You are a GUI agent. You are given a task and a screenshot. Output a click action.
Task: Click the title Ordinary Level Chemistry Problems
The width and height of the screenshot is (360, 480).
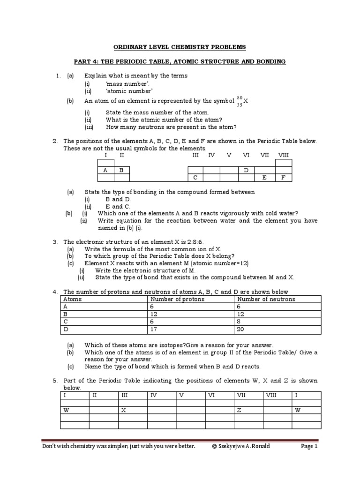(180, 47)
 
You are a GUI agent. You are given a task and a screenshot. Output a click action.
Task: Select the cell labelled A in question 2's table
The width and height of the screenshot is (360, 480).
(105, 171)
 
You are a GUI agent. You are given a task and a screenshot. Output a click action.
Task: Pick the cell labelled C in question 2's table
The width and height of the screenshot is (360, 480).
(195, 178)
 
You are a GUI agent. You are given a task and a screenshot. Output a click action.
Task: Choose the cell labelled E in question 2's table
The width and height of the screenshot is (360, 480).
(264, 178)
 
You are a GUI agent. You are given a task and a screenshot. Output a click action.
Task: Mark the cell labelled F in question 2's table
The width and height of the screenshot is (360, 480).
(283, 178)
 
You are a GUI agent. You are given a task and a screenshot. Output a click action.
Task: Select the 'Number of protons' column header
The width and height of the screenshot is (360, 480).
(171, 299)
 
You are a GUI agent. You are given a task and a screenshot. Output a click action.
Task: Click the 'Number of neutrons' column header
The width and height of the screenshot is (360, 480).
(266, 299)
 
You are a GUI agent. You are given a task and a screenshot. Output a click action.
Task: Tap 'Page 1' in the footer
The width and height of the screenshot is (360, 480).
(309, 447)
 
